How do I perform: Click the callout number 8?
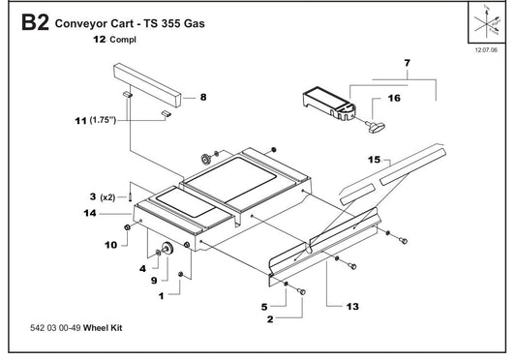tap(203, 97)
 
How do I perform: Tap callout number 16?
tap(394, 99)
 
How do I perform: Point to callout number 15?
tap(374, 157)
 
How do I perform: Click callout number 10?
tap(109, 245)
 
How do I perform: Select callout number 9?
tap(152, 280)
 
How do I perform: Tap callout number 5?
tap(263, 306)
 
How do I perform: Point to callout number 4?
tap(142, 268)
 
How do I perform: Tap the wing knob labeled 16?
tap(372, 125)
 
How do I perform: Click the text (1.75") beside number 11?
tap(103, 120)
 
